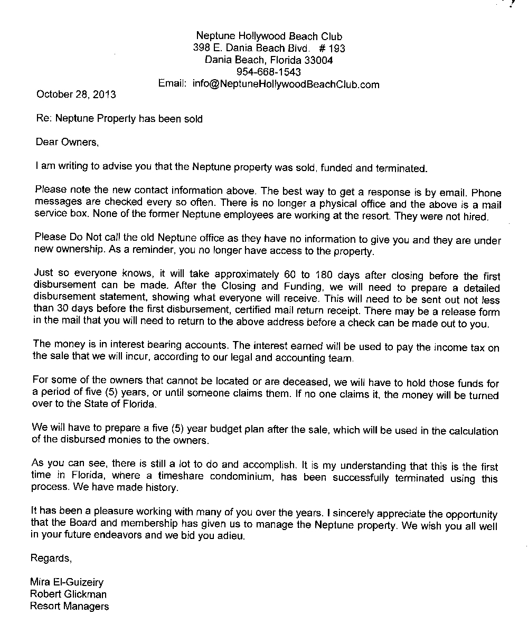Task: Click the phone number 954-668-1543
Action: click(x=269, y=72)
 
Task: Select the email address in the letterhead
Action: click(x=286, y=84)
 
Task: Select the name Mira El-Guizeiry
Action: click(x=67, y=583)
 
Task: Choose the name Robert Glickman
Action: click(x=68, y=594)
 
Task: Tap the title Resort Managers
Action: click(x=69, y=606)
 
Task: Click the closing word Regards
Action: click(x=51, y=558)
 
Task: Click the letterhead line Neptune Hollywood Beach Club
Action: click(x=269, y=36)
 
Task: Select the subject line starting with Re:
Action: click(x=119, y=119)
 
